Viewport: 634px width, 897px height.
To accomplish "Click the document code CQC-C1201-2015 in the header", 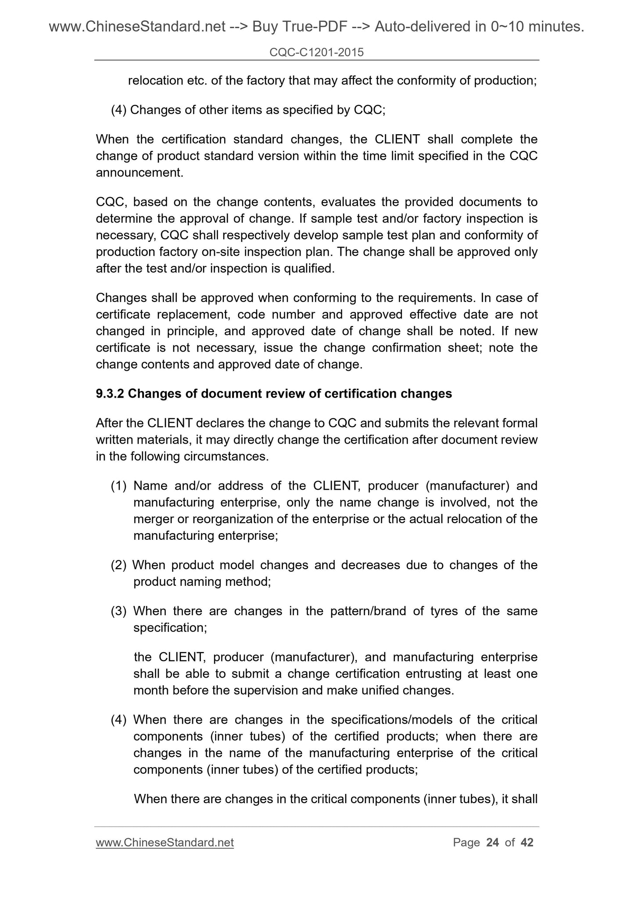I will point(316,53).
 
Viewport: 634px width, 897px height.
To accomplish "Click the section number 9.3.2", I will point(110,394).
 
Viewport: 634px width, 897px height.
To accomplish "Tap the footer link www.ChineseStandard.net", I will point(165,842).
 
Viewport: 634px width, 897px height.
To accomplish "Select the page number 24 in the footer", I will point(493,842).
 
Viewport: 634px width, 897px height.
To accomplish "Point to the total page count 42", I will point(527,842).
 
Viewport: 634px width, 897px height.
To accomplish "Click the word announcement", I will point(139,172).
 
